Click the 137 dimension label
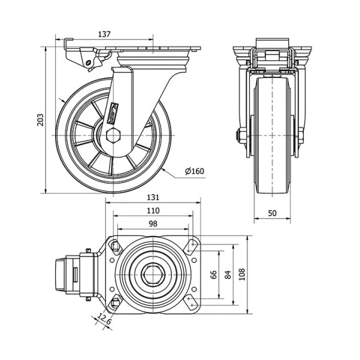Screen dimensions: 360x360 tap(104, 34)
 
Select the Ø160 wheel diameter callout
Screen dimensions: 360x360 tap(195, 171)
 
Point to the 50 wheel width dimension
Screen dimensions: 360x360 tap(272, 213)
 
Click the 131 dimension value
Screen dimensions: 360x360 tap(153, 197)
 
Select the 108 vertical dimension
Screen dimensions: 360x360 tap(241, 274)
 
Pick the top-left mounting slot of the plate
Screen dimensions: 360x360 tap(114, 246)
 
